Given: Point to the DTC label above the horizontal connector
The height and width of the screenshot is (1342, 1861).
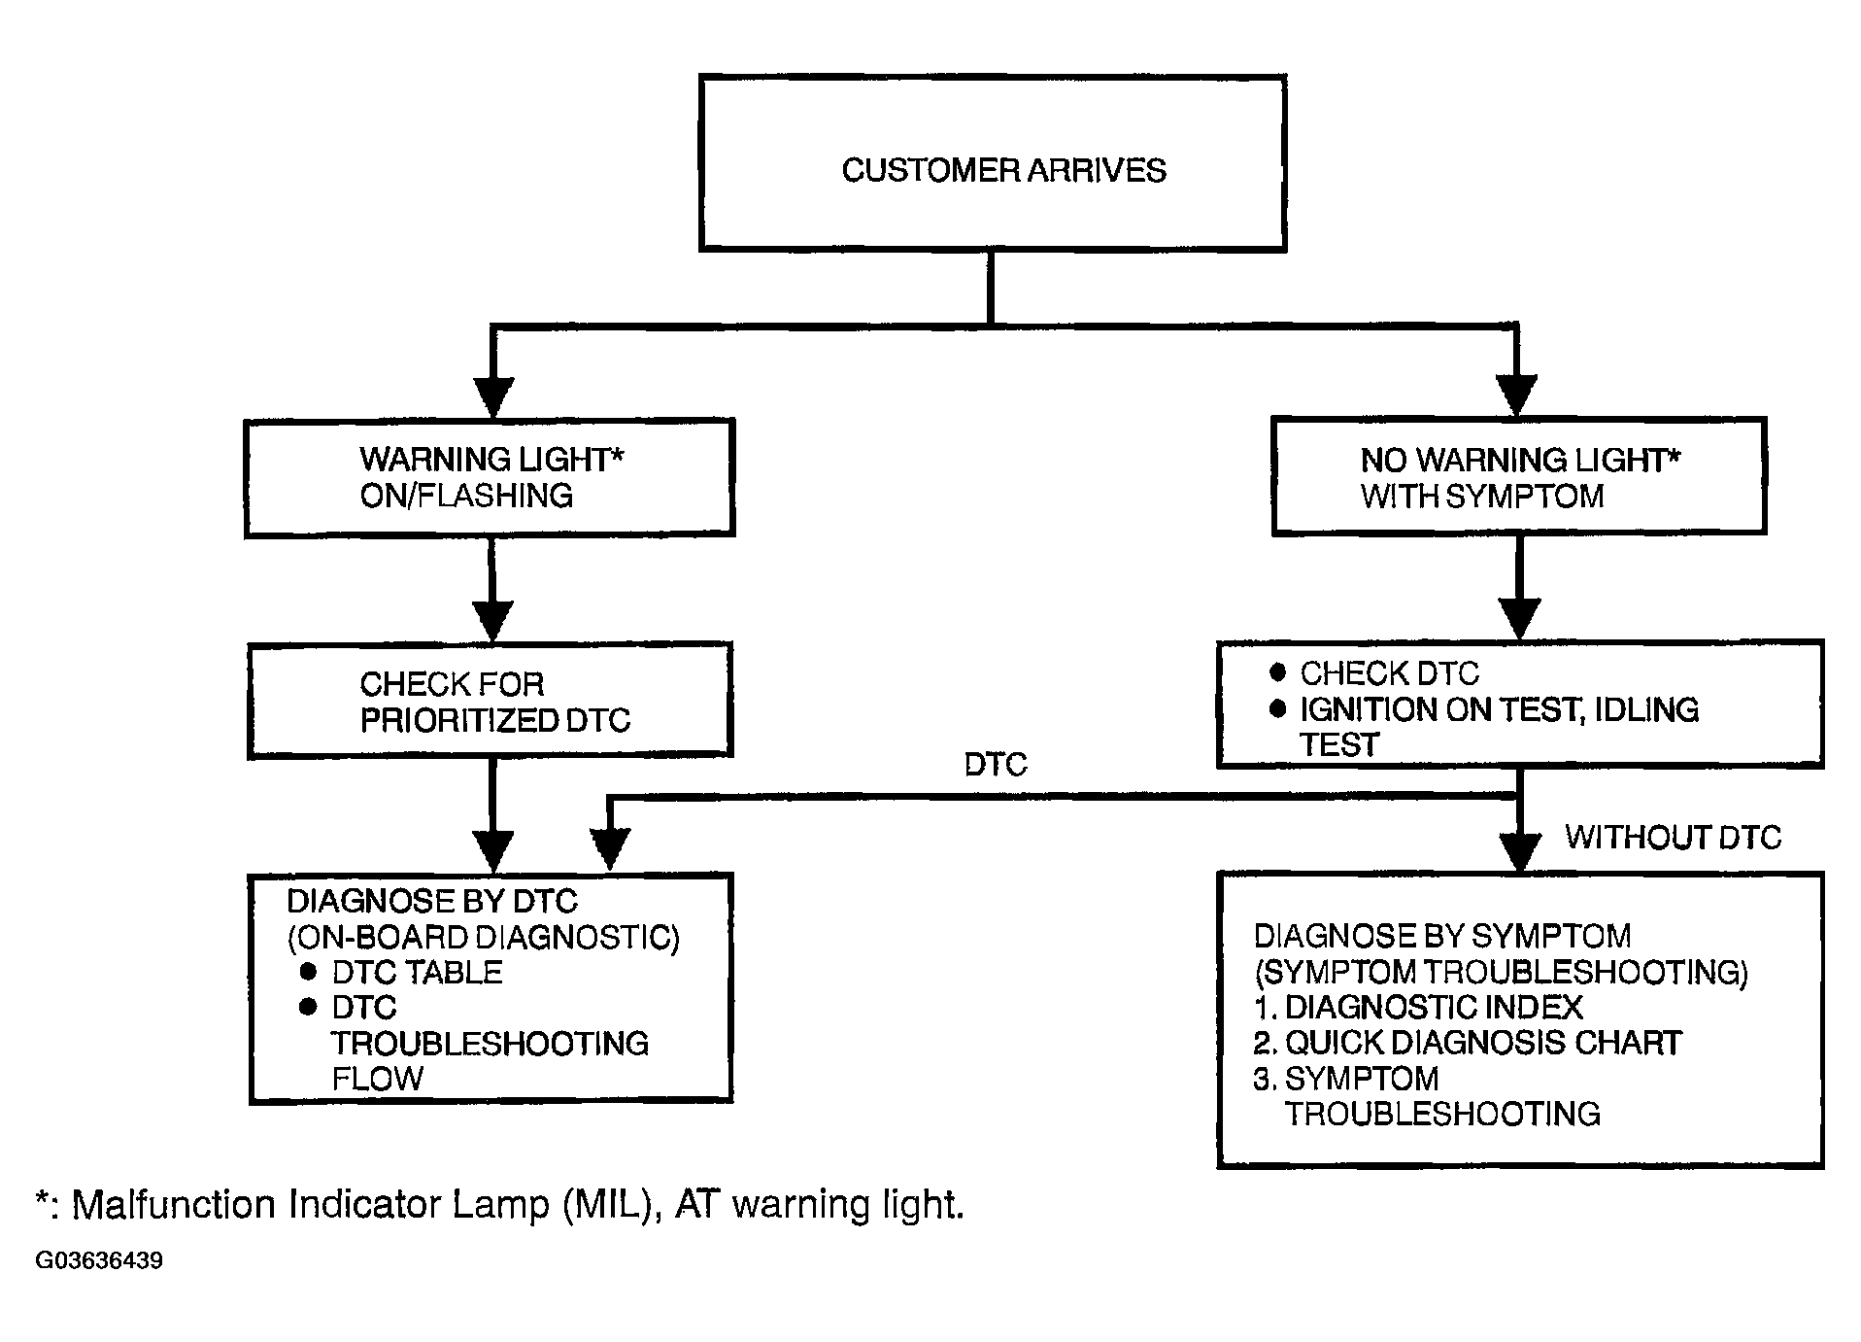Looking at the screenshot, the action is click(996, 765).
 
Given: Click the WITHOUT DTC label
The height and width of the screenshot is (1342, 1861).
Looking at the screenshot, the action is click(1674, 838).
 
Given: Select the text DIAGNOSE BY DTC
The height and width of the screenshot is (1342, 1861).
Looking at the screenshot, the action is click(432, 902).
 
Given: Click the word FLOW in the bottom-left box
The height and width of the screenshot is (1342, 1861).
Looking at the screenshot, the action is click(378, 1079).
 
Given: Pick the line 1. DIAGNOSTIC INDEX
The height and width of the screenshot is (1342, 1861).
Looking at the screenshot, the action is click(1418, 1007).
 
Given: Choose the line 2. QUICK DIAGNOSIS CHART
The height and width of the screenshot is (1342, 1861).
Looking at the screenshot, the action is click(1468, 1043).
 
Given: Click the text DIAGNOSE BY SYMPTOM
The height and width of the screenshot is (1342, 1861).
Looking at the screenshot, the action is click(1442, 936).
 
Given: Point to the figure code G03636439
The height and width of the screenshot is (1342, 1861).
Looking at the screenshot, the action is click(99, 1260).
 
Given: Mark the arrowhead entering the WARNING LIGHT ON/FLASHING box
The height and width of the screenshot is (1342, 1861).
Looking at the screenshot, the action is click(492, 396).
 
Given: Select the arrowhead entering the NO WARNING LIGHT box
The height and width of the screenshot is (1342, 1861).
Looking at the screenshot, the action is click(1517, 396).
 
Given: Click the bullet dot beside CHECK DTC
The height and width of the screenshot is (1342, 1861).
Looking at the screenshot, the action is click(1278, 672).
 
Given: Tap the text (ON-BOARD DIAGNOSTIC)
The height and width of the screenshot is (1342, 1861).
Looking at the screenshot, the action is click(484, 938).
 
